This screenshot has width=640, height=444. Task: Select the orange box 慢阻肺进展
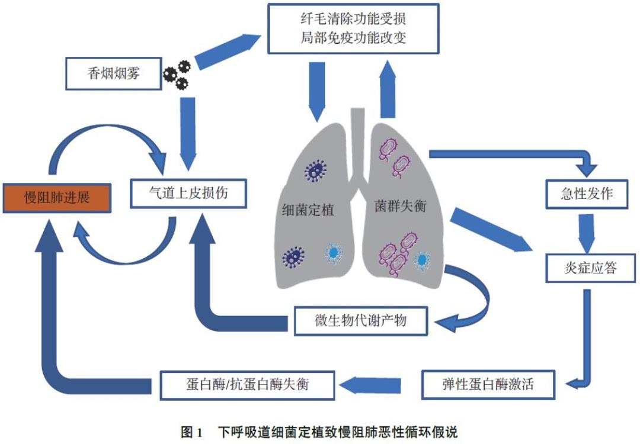click(57, 197)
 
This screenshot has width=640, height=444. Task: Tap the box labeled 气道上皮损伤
click(188, 193)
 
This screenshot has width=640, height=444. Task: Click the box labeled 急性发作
click(586, 194)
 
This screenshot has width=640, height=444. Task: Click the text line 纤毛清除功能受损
click(353, 18)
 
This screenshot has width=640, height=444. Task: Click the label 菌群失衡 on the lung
click(401, 207)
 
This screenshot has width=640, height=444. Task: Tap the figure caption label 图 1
click(193, 430)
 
